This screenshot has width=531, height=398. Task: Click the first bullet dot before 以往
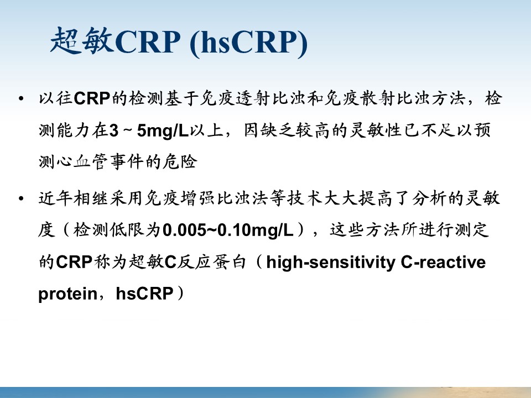22,98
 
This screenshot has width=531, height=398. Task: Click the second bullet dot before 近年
22,198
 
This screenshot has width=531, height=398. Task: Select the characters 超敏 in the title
82,41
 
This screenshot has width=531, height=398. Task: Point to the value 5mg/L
163,130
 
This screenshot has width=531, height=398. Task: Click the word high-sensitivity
331,263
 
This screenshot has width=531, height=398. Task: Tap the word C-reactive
443,262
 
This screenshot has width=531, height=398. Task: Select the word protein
67,294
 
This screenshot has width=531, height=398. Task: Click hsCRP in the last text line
144,293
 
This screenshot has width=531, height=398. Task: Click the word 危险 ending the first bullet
180,161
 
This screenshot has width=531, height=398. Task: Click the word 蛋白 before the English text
229,262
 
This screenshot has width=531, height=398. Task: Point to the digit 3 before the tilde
114,130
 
